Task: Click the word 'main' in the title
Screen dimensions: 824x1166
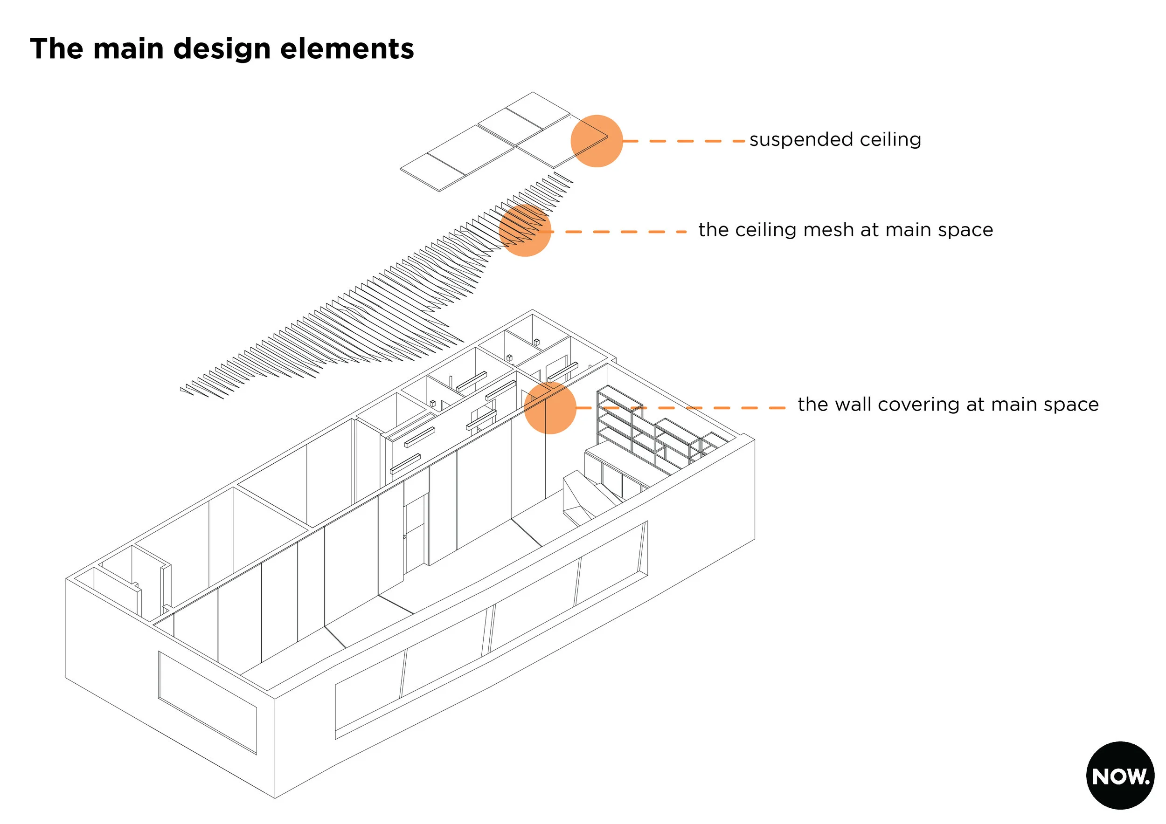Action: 128,49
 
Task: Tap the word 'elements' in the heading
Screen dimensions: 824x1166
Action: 347,49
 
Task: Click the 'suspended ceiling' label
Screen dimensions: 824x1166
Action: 835,139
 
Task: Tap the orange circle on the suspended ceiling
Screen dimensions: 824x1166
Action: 596,141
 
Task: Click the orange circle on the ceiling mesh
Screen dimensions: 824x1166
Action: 525,230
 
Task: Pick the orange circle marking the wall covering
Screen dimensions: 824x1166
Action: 550,407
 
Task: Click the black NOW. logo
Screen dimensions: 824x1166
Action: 1120,776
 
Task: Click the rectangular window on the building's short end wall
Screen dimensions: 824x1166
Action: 207,702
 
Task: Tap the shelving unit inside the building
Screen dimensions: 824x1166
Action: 650,431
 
